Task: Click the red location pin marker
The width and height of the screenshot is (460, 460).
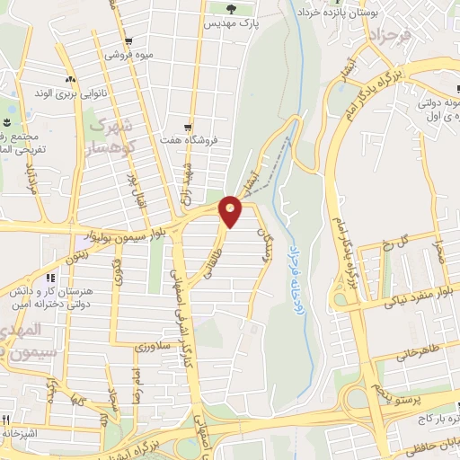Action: [x=231, y=210]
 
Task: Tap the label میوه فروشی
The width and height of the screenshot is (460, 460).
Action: [x=129, y=55]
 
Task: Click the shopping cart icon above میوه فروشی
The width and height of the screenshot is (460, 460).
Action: [x=129, y=41]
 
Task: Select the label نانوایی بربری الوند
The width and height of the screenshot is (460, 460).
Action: [x=65, y=93]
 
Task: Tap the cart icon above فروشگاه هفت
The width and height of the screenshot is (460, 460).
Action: [x=187, y=128]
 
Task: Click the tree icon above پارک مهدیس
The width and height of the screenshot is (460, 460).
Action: [x=233, y=9]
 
